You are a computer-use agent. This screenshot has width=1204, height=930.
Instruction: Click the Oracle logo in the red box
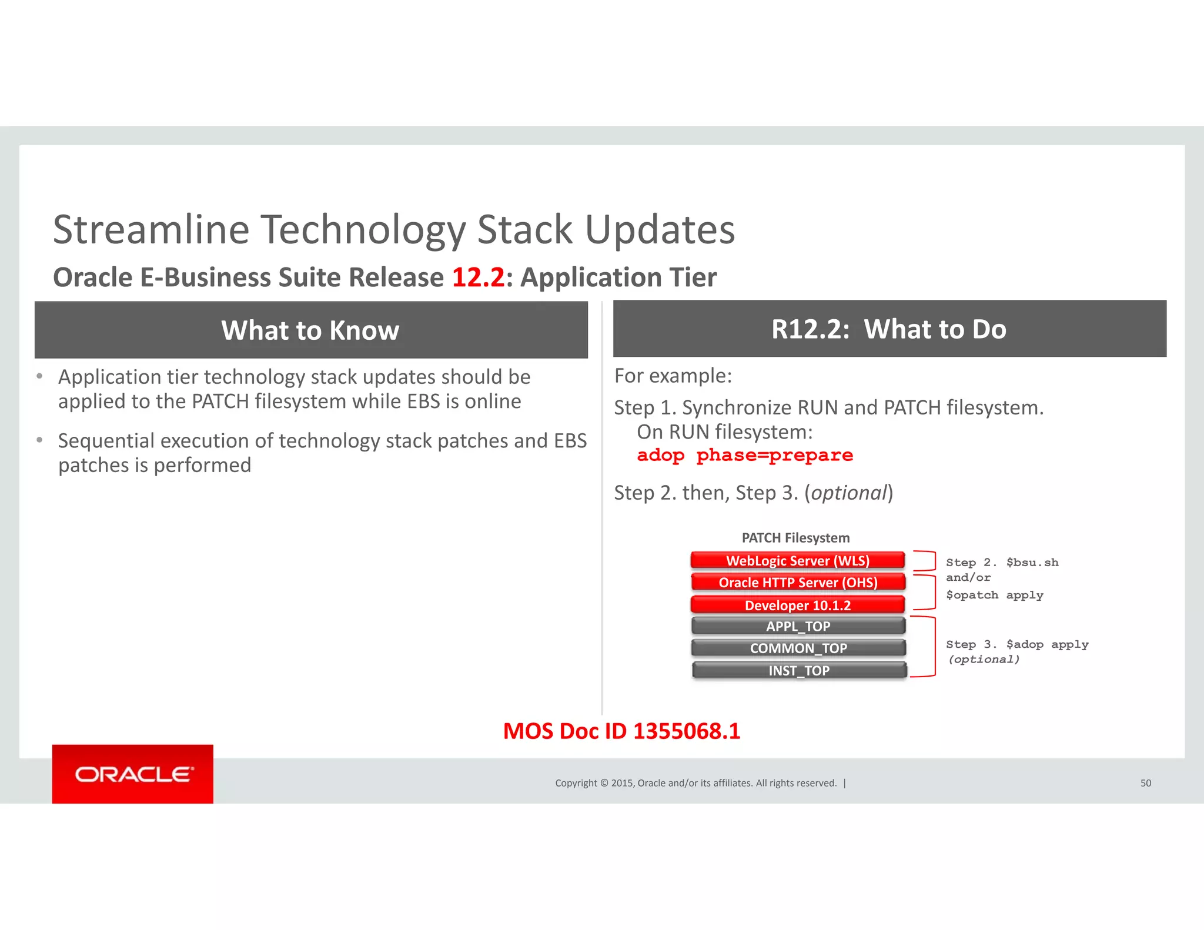click(133, 774)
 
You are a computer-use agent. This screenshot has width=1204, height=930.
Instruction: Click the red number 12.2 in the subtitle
click(478, 277)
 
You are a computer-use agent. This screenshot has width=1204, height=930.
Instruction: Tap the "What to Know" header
click(310, 330)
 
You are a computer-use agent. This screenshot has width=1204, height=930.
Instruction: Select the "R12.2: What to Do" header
click(889, 329)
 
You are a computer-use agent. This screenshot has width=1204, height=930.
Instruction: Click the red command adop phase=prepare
click(744, 456)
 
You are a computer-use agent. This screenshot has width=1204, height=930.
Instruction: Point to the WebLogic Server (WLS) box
click(797, 561)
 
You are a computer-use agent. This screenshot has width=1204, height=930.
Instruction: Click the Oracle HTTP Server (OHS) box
click(798, 583)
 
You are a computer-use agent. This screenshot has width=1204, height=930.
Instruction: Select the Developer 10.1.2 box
click(797, 605)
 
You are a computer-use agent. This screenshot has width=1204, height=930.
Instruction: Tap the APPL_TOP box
click(798, 627)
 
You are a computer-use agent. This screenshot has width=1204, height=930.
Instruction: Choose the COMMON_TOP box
click(798, 648)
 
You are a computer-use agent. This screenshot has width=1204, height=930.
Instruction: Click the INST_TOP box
click(798, 671)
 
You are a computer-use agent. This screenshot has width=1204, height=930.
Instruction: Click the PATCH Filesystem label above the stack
click(795, 538)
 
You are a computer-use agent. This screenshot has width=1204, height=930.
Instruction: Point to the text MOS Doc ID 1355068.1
click(621, 731)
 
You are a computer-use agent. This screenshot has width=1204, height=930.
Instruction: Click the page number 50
click(1145, 783)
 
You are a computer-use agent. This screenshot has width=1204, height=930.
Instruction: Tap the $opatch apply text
click(994, 596)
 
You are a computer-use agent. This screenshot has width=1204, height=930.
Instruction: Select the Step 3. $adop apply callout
click(1016, 645)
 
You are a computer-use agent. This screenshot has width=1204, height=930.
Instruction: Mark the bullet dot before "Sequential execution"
click(39, 440)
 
